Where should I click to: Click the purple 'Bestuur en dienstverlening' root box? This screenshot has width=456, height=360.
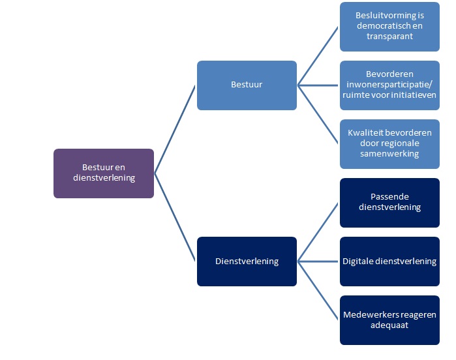pos(104,173)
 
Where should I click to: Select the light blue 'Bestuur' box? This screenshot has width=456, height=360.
pos(247,85)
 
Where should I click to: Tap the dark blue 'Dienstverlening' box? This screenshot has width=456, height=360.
pos(247,261)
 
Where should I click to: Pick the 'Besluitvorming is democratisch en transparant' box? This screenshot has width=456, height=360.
pos(389,26)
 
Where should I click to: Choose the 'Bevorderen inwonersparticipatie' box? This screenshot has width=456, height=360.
pos(389,85)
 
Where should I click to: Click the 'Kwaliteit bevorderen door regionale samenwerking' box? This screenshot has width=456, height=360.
pos(389,143)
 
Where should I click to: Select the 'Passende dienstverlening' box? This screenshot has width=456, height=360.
pos(389,202)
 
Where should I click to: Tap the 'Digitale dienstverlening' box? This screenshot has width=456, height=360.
pos(389,261)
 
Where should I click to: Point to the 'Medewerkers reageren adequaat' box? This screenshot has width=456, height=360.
pos(389,320)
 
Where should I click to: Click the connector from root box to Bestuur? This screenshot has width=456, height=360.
pos(175,129)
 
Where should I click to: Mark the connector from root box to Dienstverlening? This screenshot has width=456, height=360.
pos(175,217)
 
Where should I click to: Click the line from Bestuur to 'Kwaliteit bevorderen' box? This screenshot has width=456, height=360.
pos(318,114)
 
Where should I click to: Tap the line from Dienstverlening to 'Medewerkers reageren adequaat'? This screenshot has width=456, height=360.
pos(318,290)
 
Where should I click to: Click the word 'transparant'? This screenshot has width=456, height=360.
pos(389,37)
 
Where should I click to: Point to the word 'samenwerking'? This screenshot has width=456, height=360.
pos(389,154)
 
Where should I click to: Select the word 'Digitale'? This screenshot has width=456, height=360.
pos(359,261)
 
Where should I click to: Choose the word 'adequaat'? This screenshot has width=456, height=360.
pos(389,325)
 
